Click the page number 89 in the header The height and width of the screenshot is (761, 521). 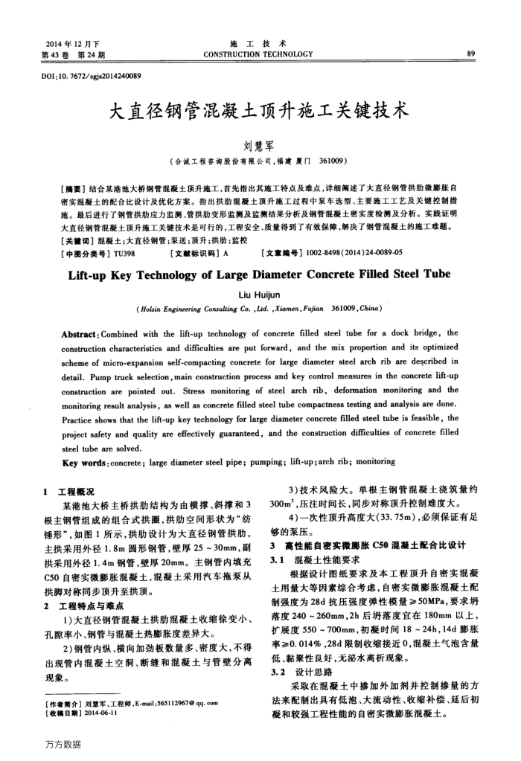point(470,54)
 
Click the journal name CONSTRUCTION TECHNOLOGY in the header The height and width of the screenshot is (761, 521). point(260,54)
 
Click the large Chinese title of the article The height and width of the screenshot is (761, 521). point(260,112)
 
